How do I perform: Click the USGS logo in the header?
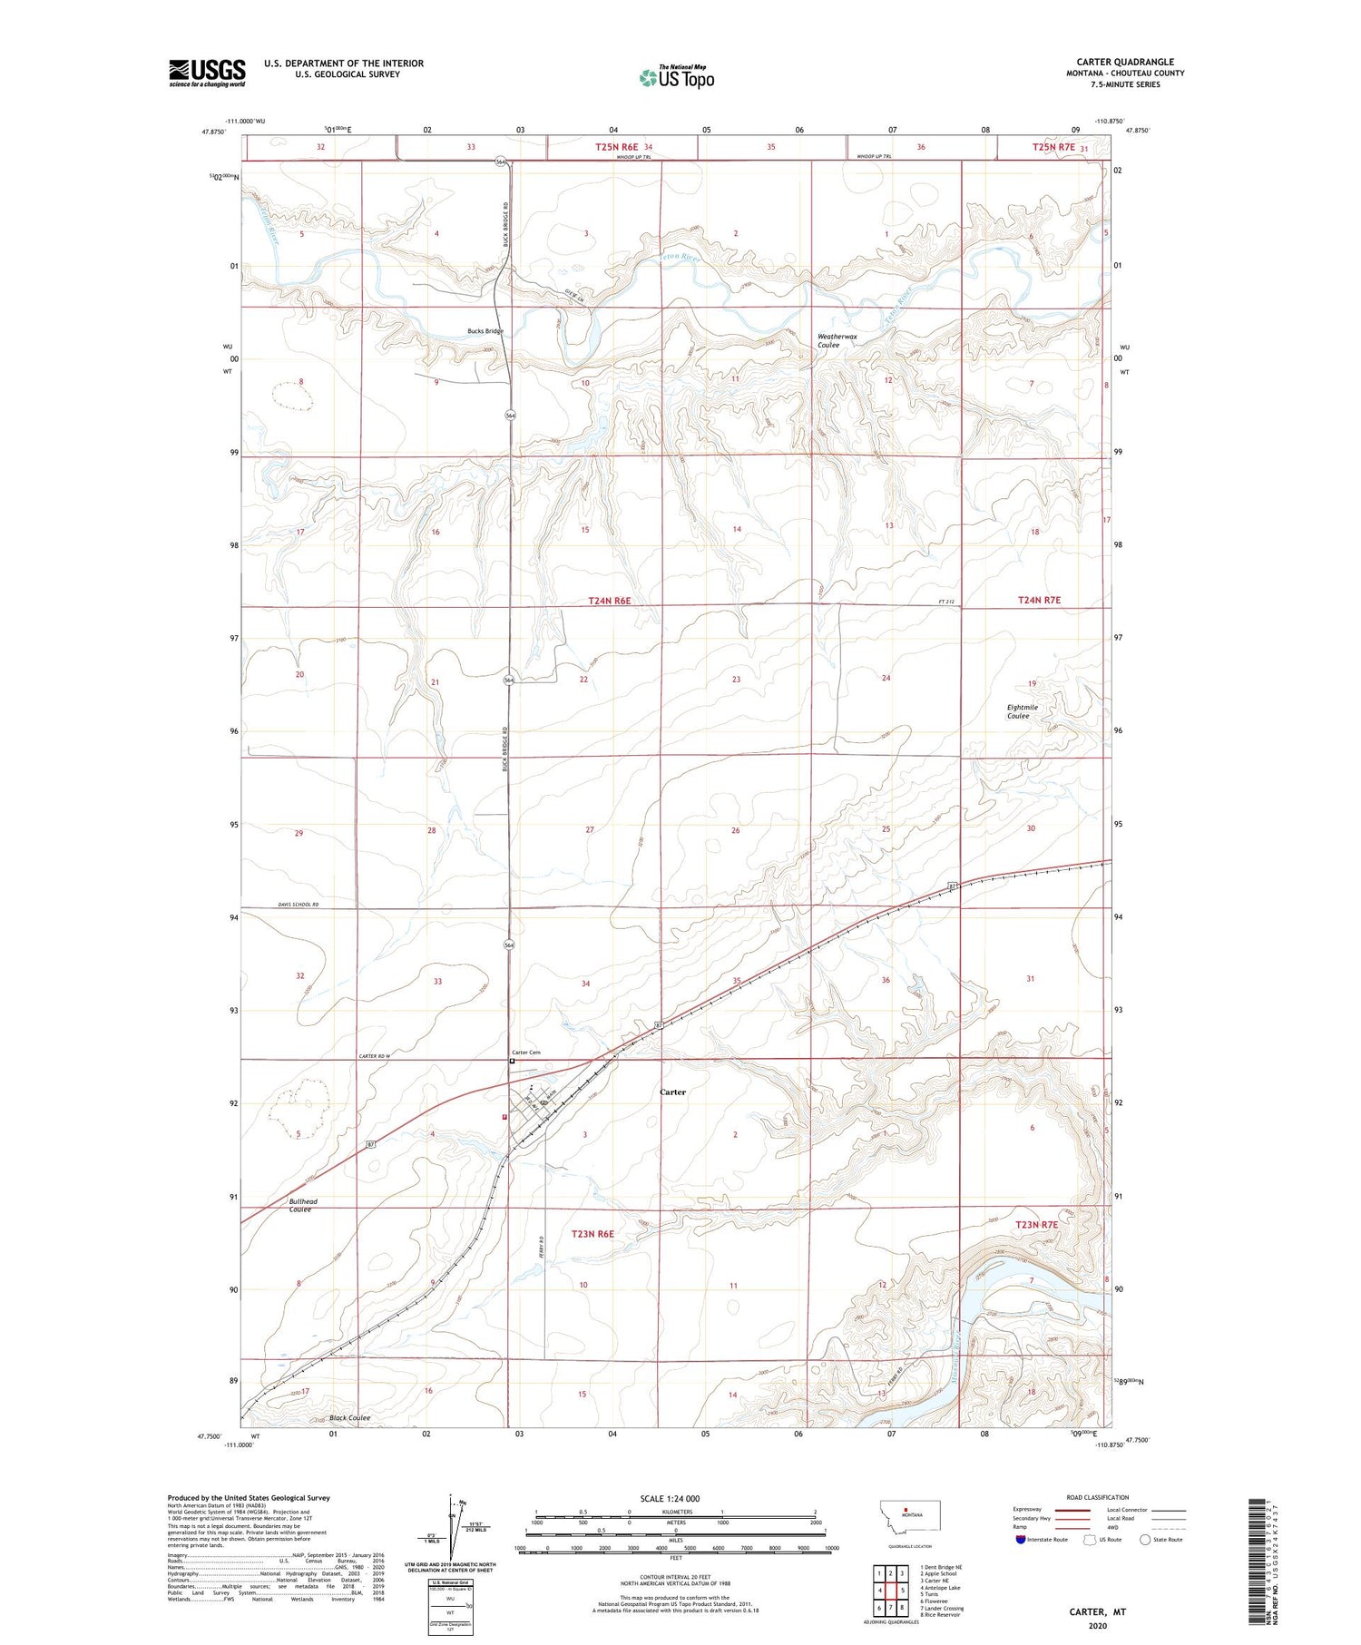click(x=207, y=73)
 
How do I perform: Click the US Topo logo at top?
click(x=676, y=78)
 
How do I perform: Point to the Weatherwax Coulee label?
click(x=837, y=340)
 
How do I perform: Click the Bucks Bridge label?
click(x=485, y=331)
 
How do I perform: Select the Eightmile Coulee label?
click(x=1022, y=711)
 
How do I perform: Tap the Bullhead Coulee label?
click(x=302, y=1205)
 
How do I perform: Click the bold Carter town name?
click(x=672, y=1092)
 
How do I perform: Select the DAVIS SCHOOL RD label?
click(x=296, y=906)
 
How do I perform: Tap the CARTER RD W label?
click(x=379, y=1057)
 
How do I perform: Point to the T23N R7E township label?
click(x=1037, y=1225)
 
